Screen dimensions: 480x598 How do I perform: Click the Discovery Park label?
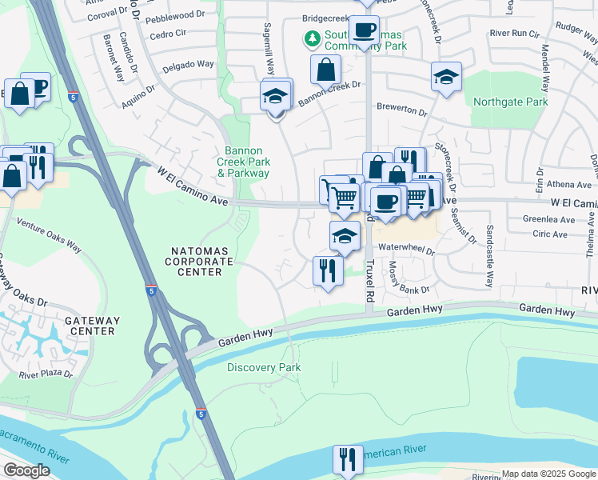click(x=264, y=367)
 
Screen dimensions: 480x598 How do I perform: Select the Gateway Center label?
click(x=92, y=326)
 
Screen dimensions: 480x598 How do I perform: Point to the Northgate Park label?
click(x=510, y=102)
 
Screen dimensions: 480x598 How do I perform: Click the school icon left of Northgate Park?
click(x=446, y=77)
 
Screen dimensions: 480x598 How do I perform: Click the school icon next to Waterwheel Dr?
click(x=345, y=235)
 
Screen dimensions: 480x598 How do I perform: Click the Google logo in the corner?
click(x=26, y=470)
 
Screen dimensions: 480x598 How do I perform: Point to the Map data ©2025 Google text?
click(x=548, y=474)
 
